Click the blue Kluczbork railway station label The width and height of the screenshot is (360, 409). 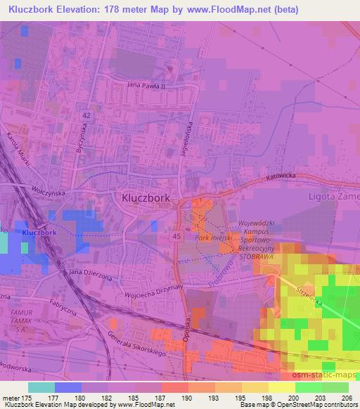coord(39,233)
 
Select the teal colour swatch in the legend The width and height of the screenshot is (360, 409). coord(41,387)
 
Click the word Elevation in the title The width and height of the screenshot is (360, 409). coord(73,10)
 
